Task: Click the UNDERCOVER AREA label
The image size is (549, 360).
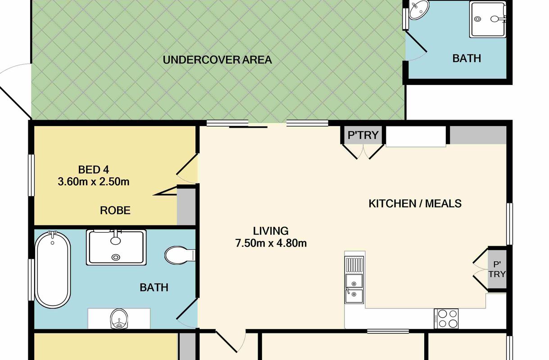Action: (218, 60)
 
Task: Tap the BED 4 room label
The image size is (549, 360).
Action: (93, 170)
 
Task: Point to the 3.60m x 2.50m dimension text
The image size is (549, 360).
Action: (93, 182)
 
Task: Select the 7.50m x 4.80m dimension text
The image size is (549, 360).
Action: (271, 243)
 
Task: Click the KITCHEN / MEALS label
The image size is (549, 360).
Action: (415, 203)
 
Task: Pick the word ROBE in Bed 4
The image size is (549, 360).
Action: (115, 210)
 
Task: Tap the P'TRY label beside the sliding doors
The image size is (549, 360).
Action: (363, 135)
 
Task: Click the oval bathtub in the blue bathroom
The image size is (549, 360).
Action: (53, 270)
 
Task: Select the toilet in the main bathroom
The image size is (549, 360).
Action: (180, 255)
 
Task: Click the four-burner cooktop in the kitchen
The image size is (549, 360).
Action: (446, 319)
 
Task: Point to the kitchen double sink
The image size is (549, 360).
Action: (354, 279)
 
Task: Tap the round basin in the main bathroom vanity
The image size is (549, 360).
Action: (119, 319)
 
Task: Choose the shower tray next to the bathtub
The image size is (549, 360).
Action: (116, 247)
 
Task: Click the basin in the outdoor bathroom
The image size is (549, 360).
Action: (419, 9)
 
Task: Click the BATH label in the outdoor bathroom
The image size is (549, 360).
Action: (467, 58)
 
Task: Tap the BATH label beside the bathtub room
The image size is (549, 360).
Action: (154, 288)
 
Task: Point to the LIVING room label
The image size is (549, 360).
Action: (271, 231)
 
